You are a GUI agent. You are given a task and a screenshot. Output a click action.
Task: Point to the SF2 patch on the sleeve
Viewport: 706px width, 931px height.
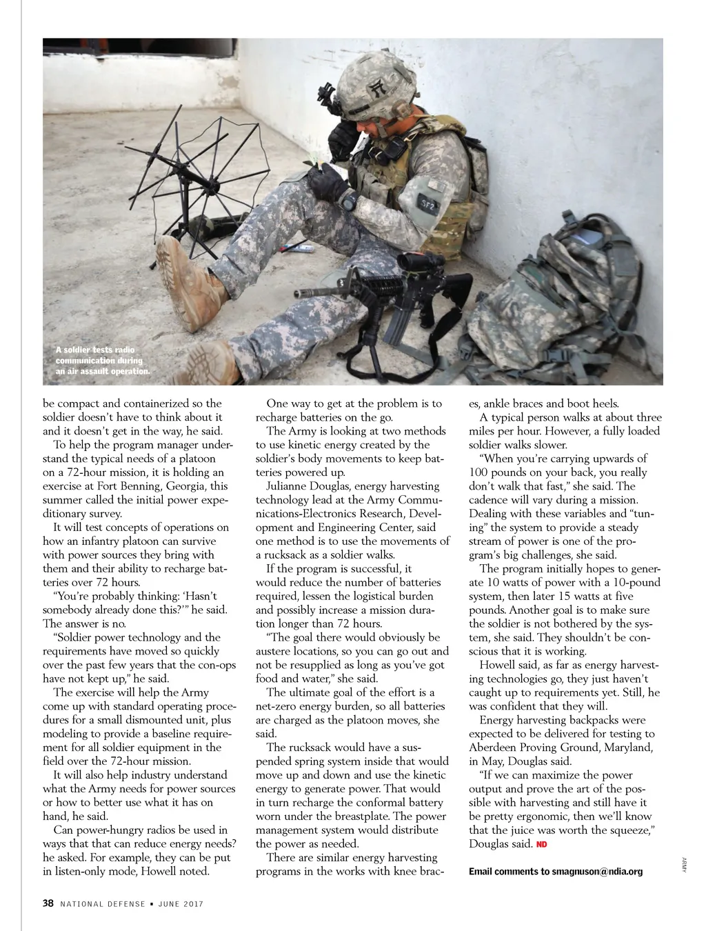[x=427, y=203]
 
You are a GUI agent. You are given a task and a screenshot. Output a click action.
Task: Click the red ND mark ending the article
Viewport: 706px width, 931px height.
[x=542, y=844]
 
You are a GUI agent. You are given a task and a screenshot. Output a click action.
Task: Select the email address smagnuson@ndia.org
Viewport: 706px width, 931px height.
[x=597, y=872]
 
